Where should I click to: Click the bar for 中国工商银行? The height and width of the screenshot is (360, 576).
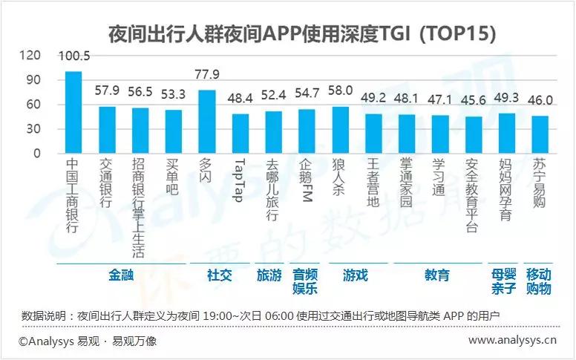(73, 113)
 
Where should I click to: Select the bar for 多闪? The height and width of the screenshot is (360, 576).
(207, 122)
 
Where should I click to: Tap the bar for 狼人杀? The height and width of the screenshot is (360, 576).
(340, 130)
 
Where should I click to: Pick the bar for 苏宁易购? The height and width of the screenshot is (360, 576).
(540, 135)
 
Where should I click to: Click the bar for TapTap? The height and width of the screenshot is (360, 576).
(240, 134)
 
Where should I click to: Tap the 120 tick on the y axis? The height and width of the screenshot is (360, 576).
(31, 55)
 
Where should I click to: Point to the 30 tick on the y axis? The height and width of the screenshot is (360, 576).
(34, 129)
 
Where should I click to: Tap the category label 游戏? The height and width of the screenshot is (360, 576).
(355, 275)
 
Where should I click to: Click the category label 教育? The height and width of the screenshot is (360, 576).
(437, 275)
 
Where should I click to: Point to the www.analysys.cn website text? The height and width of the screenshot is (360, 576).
(512, 341)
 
